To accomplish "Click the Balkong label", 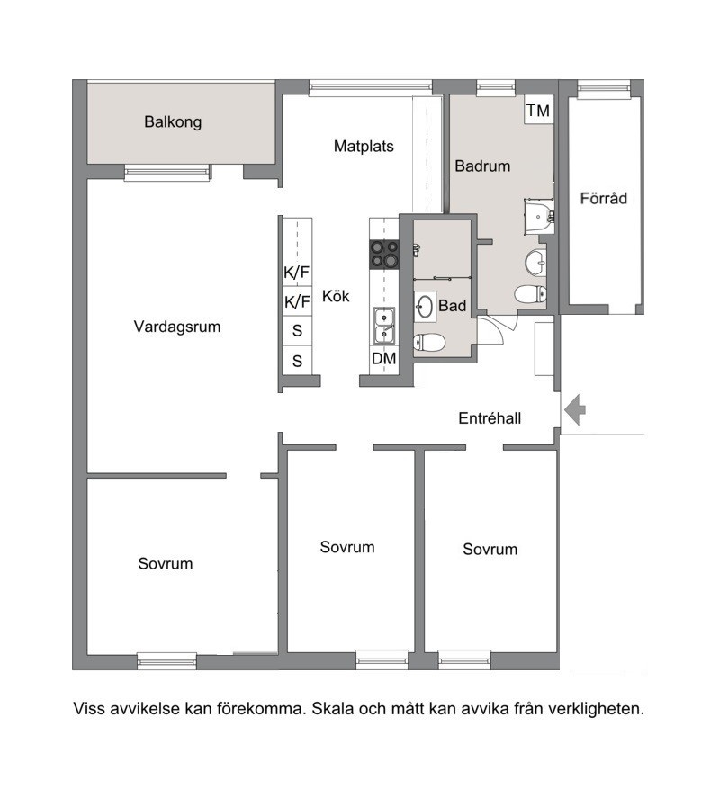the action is click(x=173, y=122).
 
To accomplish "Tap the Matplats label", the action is click(x=364, y=147).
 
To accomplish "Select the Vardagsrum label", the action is click(x=177, y=327).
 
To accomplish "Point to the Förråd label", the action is click(x=603, y=198).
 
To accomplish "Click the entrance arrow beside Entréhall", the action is click(x=575, y=409).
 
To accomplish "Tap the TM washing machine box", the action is click(x=538, y=110).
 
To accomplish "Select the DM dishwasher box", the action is click(x=384, y=359).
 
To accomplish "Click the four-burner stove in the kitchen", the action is click(x=384, y=254).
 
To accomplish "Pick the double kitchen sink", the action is click(x=384, y=327).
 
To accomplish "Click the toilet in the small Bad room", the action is click(x=428, y=343).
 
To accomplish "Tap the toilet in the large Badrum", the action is click(x=531, y=293).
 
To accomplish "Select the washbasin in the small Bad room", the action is click(x=425, y=307).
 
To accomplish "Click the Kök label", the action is click(x=336, y=296).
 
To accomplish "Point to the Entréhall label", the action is click(x=490, y=418).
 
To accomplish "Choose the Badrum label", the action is click(x=482, y=166).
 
